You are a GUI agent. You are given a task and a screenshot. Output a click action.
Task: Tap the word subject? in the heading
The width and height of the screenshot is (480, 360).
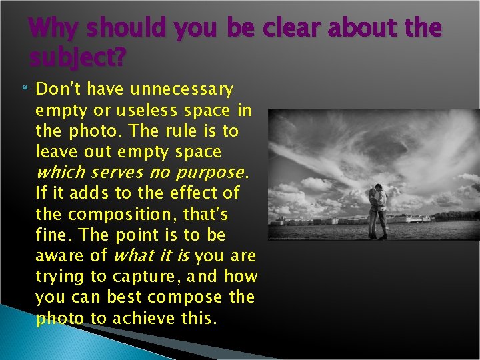point(77,59)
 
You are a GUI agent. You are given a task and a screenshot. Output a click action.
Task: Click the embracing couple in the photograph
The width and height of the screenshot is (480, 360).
point(377,209)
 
